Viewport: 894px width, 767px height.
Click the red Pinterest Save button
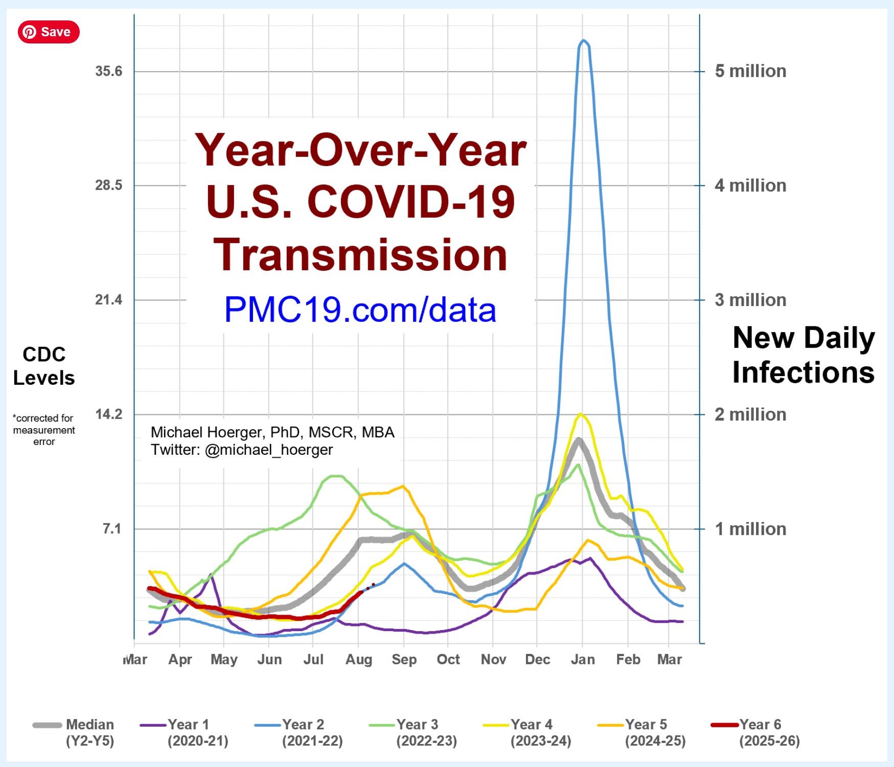pos(49,32)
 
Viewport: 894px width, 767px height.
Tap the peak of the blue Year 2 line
pos(583,41)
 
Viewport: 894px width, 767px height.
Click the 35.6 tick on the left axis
pos(108,71)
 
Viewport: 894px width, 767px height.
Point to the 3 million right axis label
pos(750,300)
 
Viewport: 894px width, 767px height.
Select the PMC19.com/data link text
pos(360,310)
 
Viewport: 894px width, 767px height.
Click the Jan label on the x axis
pos(582,660)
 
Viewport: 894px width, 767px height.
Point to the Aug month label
pos(358,660)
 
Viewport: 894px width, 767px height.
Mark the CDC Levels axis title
pos(44,366)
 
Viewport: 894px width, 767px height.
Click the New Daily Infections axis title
pos(803,355)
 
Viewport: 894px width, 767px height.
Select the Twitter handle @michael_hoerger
pos(268,450)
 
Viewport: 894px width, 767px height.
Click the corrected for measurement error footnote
pos(44,430)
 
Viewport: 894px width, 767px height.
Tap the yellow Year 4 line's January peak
pos(580,414)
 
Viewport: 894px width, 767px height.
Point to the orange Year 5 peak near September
pos(403,486)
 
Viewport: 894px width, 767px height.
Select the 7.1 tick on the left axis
pos(112,528)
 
